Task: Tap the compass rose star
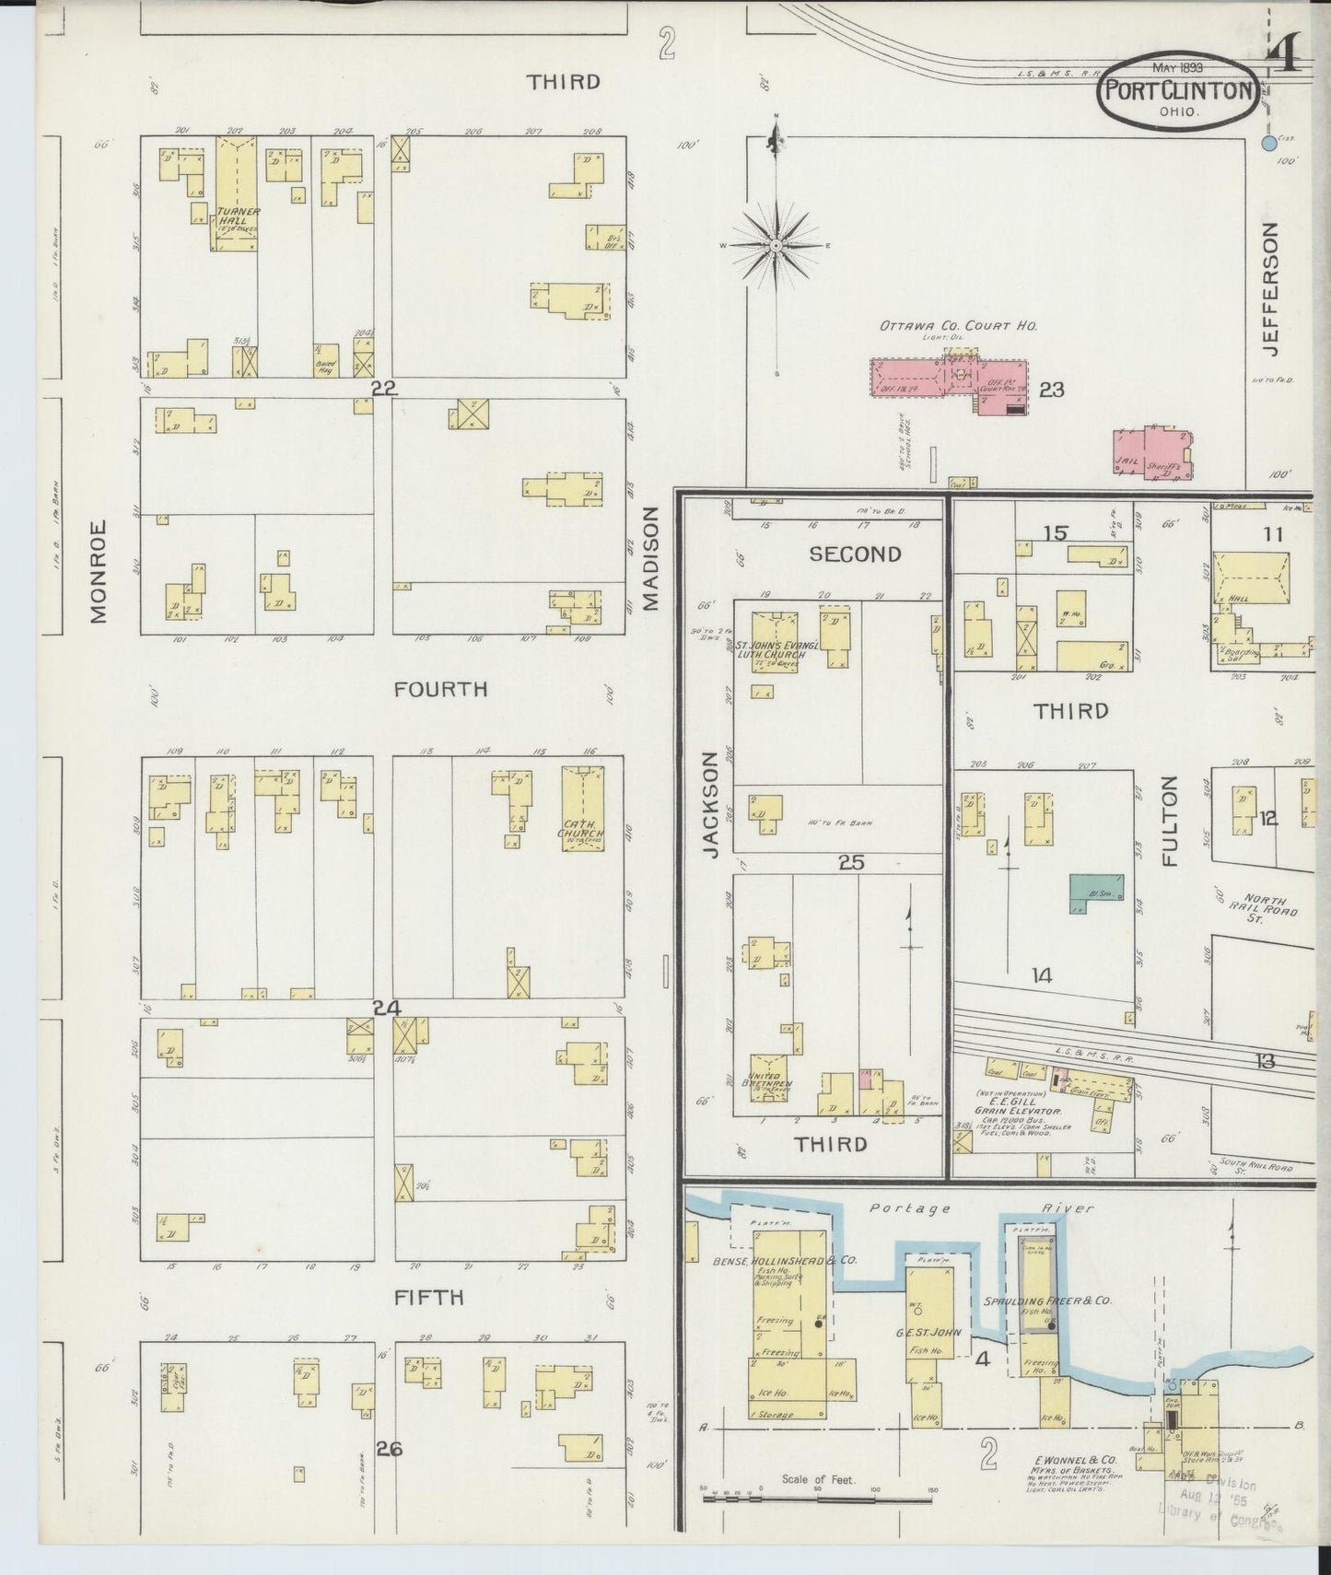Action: point(776,246)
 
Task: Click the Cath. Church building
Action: point(582,808)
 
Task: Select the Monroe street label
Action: point(99,571)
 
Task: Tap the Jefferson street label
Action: point(1271,288)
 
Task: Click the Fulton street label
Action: point(1170,820)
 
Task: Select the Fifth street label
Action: point(428,1298)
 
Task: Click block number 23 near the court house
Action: point(1051,391)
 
